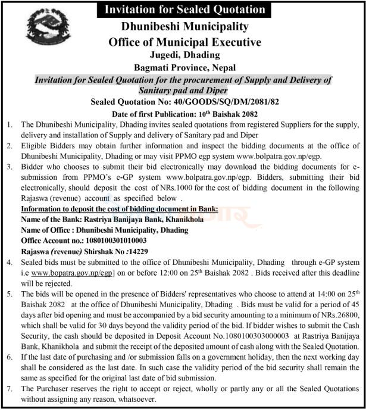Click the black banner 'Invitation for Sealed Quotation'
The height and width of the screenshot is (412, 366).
point(184,9)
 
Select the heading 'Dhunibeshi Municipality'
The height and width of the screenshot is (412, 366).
point(184,27)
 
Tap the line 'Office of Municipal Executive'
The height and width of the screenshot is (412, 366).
point(184,42)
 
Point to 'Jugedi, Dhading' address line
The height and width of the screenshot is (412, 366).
point(184,56)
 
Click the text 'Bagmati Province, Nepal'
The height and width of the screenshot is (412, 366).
point(184,68)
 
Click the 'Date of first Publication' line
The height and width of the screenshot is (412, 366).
point(184,114)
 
